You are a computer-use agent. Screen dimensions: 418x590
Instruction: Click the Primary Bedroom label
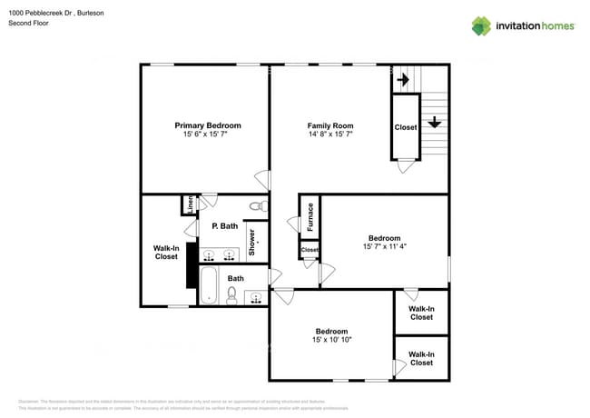(x=208, y=125)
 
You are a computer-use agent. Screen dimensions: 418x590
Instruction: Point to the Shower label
(x=252, y=242)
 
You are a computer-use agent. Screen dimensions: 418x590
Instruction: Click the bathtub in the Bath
(x=209, y=284)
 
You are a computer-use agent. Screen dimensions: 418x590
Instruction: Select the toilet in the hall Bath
(x=232, y=294)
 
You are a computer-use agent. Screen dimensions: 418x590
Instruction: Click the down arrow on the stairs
(x=435, y=121)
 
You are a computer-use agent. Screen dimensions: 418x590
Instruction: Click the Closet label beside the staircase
(x=405, y=127)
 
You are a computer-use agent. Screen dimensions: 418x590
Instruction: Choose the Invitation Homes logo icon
(x=481, y=25)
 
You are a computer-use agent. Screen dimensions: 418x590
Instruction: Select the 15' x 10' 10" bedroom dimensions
(x=330, y=340)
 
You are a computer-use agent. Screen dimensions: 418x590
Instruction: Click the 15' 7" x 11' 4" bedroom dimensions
(x=383, y=246)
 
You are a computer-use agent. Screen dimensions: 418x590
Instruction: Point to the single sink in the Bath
(x=254, y=295)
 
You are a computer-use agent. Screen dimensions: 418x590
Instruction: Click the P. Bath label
(x=224, y=225)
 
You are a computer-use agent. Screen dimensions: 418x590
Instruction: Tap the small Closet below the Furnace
(x=310, y=249)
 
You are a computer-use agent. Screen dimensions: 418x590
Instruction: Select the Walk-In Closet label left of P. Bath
(x=166, y=252)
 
